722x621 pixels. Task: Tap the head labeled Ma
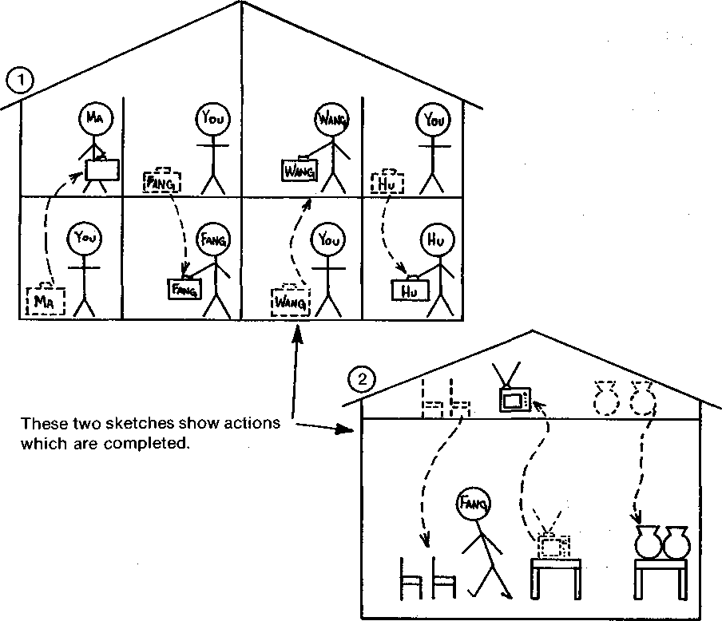95,121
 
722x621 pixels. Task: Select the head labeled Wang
331,121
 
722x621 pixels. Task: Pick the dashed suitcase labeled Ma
45,301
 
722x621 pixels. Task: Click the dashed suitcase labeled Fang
161,181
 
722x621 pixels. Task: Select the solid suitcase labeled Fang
184,289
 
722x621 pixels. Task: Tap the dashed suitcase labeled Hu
388,181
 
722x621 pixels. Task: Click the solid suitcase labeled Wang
300,169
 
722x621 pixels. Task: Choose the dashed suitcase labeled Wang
289,302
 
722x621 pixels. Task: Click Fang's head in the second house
474,504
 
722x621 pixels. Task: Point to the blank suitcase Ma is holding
103,169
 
